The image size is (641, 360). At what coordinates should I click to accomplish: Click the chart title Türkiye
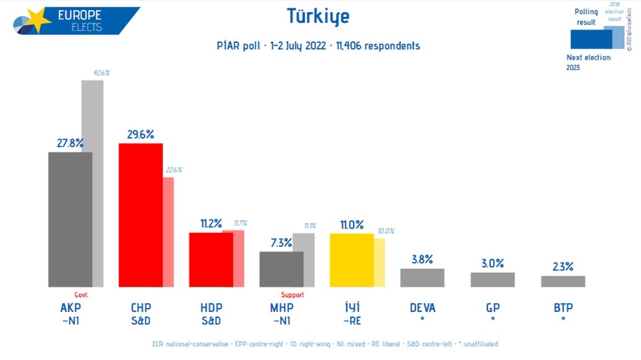(x=318, y=17)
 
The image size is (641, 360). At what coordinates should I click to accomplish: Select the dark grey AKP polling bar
(x=70, y=219)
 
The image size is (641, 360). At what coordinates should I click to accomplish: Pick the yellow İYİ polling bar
(x=351, y=260)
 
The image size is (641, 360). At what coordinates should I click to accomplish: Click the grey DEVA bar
(x=422, y=278)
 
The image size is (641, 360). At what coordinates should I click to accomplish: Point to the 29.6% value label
(x=140, y=135)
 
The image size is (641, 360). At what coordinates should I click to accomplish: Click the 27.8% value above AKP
(x=70, y=143)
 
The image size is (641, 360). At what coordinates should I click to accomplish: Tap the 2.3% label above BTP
(x=563, y=267)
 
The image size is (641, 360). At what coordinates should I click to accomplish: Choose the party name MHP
(x=282, y=308)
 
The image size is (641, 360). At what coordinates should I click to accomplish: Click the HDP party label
(x=211, y=308)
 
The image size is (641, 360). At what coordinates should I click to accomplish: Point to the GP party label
(x=493, y=308)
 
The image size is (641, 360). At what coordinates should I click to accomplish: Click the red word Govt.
(x=81, y=295)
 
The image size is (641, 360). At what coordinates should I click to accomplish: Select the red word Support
(x=292, y=295)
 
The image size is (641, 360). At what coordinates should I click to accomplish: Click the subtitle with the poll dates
(x=315, y=46)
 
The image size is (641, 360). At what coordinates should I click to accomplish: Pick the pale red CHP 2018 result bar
(x=168, y=232)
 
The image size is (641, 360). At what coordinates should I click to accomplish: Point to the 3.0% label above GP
(x=493, y=263)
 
